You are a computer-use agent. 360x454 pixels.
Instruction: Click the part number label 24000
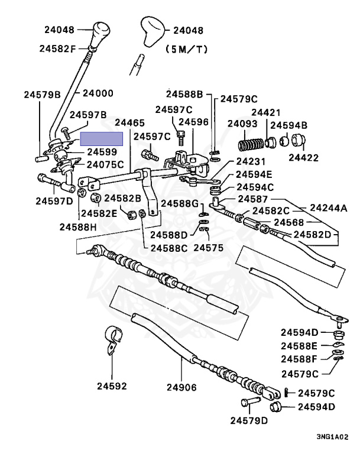pyautogui.click(x=98, y=93)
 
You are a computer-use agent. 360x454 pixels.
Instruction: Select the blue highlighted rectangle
pyautogui.click(x=101, y=139)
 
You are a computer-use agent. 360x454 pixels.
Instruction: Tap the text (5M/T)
pyautogui.click(x=187, y=50)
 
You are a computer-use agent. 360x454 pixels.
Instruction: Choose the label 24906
pyautogui.click(x=181, y=387)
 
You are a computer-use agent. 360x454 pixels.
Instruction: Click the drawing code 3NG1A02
pyautogui.click(x=332, y=437)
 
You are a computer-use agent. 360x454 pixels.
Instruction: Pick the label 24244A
pyautogui.click(x=329, y=207)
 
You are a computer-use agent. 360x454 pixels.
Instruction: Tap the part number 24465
pyautogui.click(x=129, y=122)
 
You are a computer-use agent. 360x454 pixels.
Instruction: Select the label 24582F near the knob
pyautogui.click(x=57, y=48)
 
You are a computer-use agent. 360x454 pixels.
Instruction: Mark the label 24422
pyautogui.click(x=303, y=157)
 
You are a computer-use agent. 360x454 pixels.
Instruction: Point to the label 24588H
pyautogui.click(x=78, y=227)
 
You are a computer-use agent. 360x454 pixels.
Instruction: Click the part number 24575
pyautogui.click(x=209, y=248)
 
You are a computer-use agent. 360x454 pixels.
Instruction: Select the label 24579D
pyautogui.click(x=249, y=420)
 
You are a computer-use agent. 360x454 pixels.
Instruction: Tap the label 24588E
pyautogui.click(x=299, y=346)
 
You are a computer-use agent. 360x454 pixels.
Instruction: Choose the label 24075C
pyautogui.click(x=105, y=164)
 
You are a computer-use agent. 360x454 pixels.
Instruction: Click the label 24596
pyautogui.click(x=193, y=122)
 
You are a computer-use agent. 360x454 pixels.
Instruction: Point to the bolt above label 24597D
pyautogui.click(x=48, y=180)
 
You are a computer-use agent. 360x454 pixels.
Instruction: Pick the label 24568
pyautogui.click(x=289, y=222)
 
